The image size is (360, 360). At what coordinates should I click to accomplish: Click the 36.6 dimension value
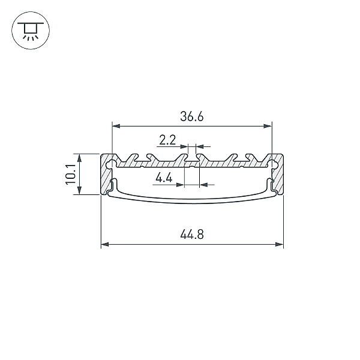click(192, 116)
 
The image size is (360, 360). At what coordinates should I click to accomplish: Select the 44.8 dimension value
click(192, 235)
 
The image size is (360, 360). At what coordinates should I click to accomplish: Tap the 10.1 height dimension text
click(70, 174)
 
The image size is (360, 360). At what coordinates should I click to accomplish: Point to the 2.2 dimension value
click(167, 140)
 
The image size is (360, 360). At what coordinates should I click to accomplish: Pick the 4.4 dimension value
click(164, 178)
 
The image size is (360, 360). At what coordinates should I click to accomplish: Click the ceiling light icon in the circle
click(31, 31)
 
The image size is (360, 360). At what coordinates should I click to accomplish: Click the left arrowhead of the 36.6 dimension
click(116, 126)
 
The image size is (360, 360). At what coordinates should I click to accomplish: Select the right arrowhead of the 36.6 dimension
click(268, 126)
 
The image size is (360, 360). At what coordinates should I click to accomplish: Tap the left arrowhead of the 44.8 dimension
click(105, 244)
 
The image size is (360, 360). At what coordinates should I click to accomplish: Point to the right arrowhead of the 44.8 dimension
click(279, 244)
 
